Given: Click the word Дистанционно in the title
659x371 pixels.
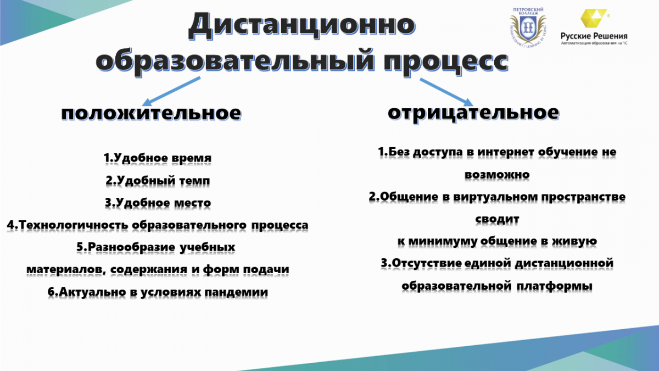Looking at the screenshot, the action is click(302, 26).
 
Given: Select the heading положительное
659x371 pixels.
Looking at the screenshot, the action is click(151, 113).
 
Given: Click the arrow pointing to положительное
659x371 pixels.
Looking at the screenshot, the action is click(171, 91).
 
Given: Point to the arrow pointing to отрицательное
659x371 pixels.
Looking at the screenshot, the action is click(446, 92).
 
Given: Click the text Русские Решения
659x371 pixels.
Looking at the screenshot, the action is click(594, 36).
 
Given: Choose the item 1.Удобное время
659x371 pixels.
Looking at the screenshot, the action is click(158, 158).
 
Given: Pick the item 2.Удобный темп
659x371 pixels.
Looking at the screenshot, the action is click(158, 180).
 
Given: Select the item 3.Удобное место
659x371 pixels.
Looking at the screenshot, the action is click(158, 203).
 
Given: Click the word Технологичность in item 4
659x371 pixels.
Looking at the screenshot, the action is click(74, 225).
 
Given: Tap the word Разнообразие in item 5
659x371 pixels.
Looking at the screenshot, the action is click(131, 247).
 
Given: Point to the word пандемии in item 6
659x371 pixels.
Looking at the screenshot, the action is click(236, 292).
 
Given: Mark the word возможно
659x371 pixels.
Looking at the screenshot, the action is click(497, 175).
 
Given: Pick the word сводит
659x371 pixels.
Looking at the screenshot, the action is click(497, 219).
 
